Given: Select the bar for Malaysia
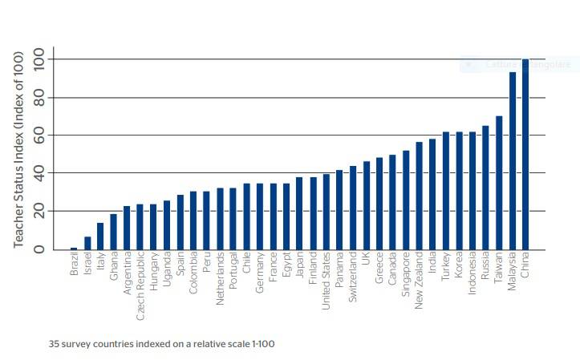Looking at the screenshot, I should [513, 160].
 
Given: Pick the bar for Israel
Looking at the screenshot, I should [87, 243].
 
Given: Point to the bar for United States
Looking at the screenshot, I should [327, 212].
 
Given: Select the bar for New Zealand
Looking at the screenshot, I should [419, 196].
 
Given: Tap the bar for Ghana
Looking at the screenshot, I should [114, 232].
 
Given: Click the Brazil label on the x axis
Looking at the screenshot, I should [75, 265].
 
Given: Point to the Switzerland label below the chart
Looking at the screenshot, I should [353, 277].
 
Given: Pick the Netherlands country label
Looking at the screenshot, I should [221, 277].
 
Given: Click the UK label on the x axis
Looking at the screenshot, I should [366, 260].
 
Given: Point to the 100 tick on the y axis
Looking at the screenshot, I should [39, 59].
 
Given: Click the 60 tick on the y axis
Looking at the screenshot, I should [39, 136].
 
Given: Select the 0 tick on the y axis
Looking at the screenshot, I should [39, 249].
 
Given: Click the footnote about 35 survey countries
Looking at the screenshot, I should [161, 344].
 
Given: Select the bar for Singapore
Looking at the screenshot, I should [406, 200].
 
